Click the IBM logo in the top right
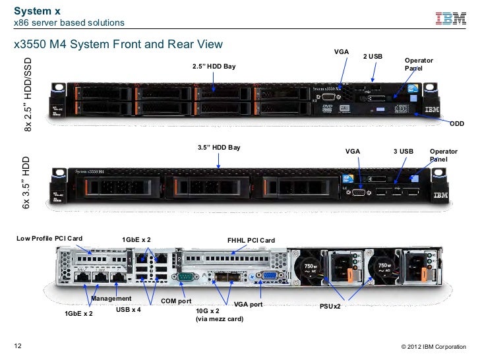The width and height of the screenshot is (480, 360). [451, 20]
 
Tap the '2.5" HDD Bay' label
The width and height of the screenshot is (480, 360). [214, 67]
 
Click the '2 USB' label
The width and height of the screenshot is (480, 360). [373, 57]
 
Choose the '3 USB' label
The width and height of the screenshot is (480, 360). [403, 151]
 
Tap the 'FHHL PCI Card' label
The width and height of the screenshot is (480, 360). [251, 240]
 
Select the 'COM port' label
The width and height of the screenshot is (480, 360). [177, 301]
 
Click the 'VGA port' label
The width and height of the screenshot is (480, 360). [248, 305]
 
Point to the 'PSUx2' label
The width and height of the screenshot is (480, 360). [330, 307]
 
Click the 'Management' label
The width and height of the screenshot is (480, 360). [111, 299]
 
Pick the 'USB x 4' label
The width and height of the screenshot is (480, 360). [129, 309]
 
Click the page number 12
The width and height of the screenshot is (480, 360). [18, 346]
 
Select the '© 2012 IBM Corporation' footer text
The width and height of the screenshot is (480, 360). [433, 347]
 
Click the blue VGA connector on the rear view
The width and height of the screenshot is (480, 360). [265, 278]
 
